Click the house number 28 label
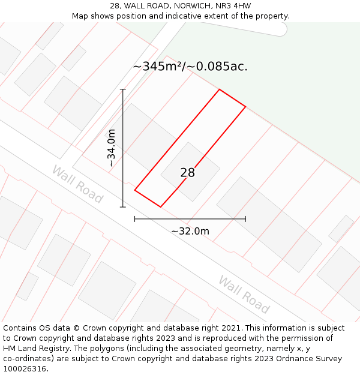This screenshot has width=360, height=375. (187, 173)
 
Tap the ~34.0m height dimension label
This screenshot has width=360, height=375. (112, 148)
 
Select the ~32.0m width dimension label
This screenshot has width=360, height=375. (190, 231)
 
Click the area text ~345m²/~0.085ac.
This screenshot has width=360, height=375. (190, 67)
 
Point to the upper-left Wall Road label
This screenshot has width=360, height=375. (77, 184)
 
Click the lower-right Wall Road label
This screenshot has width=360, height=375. (244, 294)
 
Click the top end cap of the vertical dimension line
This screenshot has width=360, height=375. (123, 89)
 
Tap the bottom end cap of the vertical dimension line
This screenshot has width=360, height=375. (123, 207)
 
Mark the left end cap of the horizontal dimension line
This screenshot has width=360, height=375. (135, 219)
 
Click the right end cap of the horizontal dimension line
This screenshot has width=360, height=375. (245, 219)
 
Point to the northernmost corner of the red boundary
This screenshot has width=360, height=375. (220, 90)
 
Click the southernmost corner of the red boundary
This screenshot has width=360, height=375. (161, 207)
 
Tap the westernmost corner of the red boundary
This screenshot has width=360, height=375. (135, 191)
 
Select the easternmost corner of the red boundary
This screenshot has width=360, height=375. (245, 107)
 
